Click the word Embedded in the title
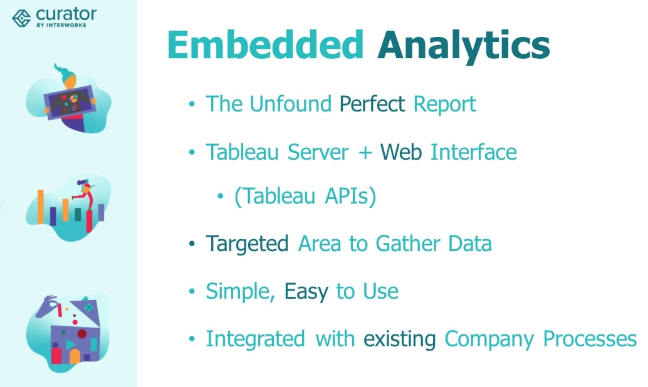click(x=265, y=44)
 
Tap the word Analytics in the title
click(x=463, y=46)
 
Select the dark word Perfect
click(x=372, y=104)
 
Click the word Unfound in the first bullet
click(x=290, y=104)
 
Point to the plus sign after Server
click(x=365, y=153)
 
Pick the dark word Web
click(x=401, y=152)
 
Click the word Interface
click(x=474, y=152)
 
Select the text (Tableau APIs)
click(x=305, y=196)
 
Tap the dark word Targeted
click(x=247, y=244)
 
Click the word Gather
click(x=408, y=243)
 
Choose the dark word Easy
click(x=306, y=292)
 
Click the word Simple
click(x=241, y=292)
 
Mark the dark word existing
click(x=400, y=339)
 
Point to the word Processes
click(x=590, y=339)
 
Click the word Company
click(x=489, y=339)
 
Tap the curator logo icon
click(x=21, y=18)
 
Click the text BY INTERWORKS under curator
click(x=61, y=25)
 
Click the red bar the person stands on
click(x=89, y=221)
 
